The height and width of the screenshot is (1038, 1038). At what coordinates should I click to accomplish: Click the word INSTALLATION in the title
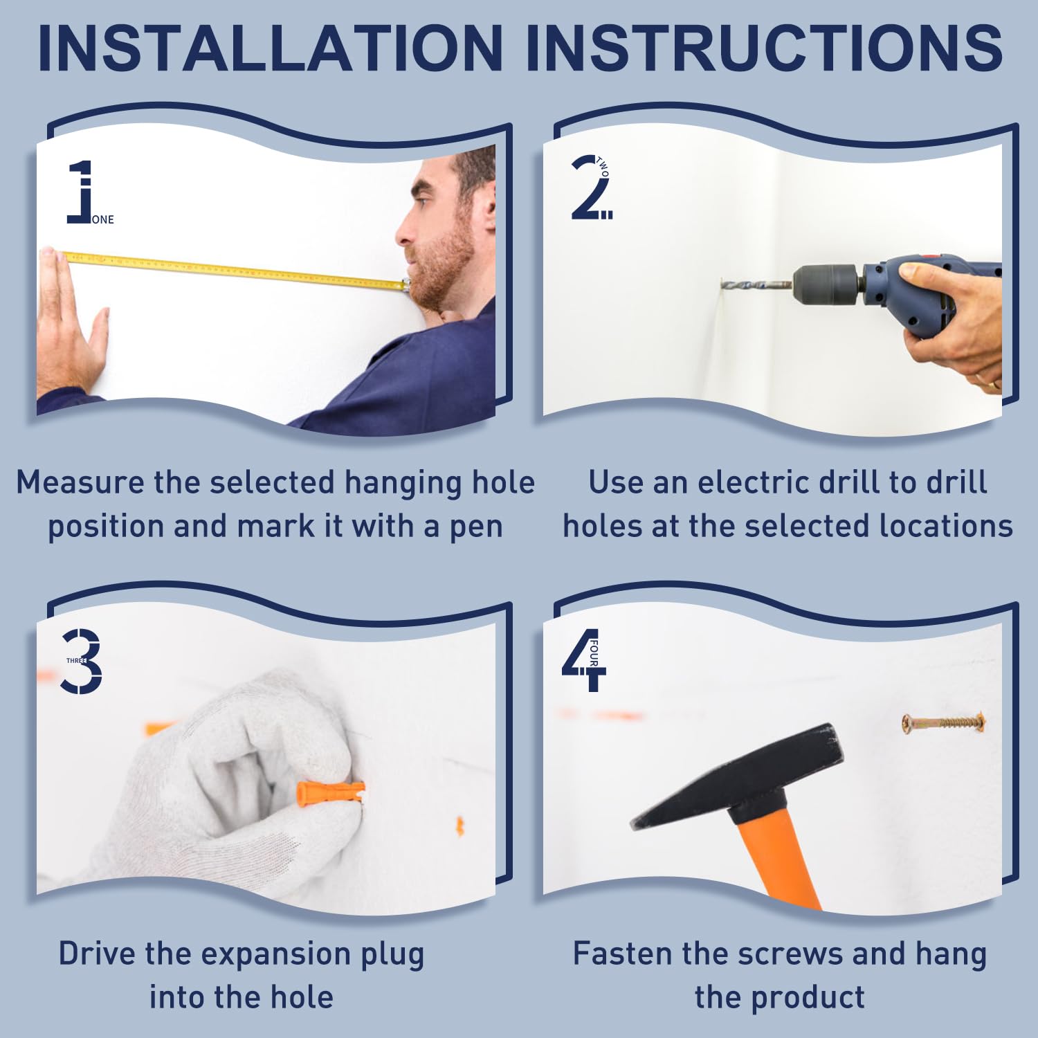pos(271,47)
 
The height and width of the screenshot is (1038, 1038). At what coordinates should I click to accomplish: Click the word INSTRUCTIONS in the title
pos(764,47)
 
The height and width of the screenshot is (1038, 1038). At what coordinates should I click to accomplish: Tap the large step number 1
pos(80,192)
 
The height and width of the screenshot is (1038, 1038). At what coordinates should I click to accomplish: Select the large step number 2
pos(588,188)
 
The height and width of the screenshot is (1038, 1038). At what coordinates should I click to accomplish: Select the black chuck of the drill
pos(828,284)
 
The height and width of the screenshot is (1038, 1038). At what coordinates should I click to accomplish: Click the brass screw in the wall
pos(943,723)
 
